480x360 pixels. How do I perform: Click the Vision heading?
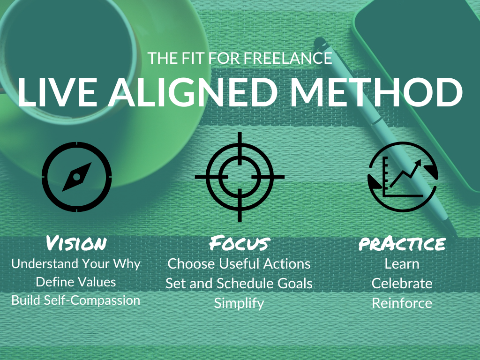76,243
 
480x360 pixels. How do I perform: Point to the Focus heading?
240,243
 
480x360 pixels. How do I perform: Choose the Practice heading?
402,244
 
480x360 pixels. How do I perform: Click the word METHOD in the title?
376,92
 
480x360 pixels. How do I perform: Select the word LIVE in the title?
58,92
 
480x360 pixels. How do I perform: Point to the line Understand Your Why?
76,264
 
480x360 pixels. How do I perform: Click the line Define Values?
76,282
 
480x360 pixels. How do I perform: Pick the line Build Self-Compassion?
76,300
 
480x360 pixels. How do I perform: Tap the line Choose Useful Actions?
239,264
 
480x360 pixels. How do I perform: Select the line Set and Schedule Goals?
239,284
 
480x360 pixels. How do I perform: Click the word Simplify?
239,304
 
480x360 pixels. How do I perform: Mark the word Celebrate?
402,284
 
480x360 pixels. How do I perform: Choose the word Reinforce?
402,303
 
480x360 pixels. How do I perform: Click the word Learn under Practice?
402,264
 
